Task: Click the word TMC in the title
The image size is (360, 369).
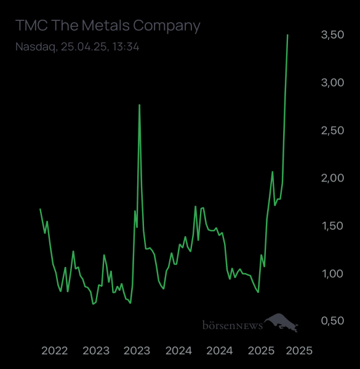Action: (31, 25)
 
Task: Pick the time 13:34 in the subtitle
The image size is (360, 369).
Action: (126, 47)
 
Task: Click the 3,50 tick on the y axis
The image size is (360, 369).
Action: (332, 35)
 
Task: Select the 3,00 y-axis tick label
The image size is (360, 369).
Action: (332, 83)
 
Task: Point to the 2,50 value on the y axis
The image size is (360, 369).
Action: (332, 130)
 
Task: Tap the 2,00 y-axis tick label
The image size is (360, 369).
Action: (332, 178)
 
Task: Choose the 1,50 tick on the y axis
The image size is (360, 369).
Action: (332, 226)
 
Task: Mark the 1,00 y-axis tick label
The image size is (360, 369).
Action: (332, 274)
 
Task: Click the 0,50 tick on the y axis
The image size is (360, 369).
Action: (332, 321)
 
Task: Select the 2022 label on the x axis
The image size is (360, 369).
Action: (55, 351)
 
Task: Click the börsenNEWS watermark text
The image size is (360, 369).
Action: (233, 325)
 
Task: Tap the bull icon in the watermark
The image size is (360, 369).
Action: (281, 322)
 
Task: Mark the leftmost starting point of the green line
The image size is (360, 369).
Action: (40, 209)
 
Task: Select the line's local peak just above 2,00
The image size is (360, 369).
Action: (273, 172)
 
